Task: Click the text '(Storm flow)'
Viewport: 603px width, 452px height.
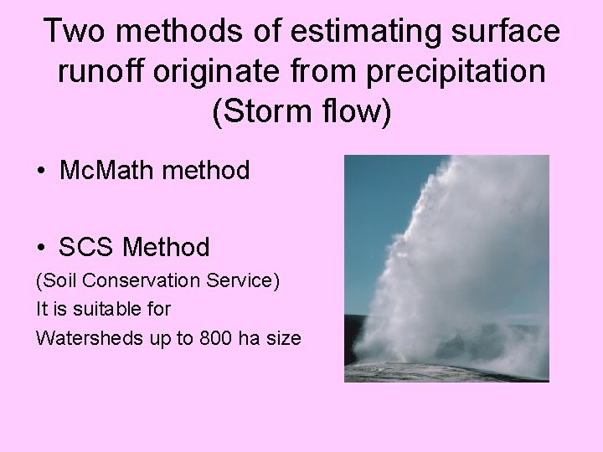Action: tap(301, 112)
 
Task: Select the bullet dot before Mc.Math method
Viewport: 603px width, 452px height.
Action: tap(41, 172)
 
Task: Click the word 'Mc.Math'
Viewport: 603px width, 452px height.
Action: tap(106, 171)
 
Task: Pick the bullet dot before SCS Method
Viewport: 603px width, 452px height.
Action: tap(41, 248)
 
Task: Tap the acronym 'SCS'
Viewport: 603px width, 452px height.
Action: tap(86, 247)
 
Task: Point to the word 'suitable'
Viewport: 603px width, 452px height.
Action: tap(101, 309)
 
